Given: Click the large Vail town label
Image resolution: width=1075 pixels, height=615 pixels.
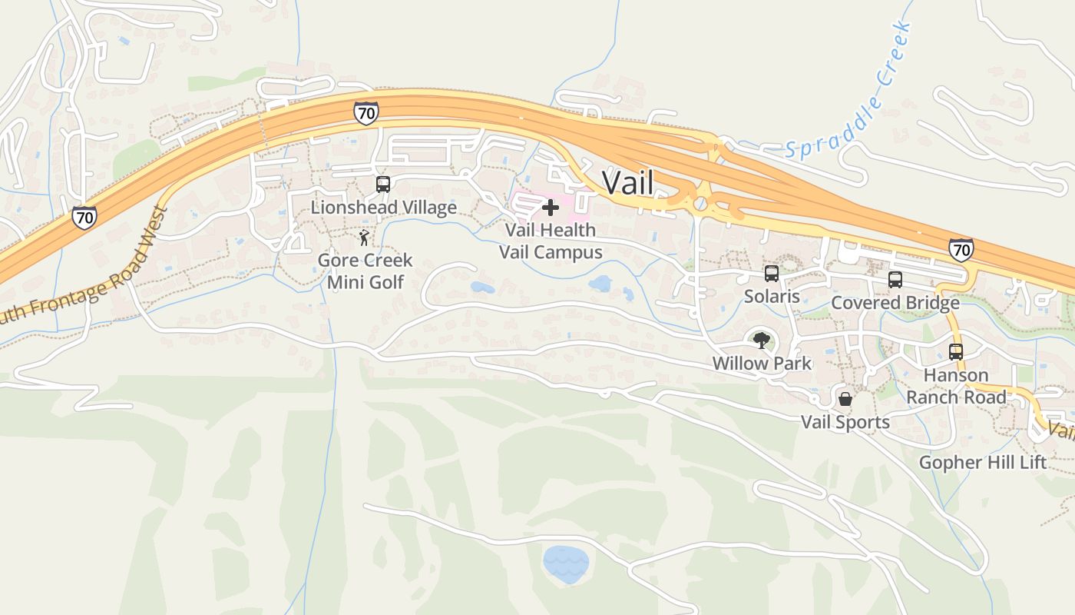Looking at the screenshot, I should (627, 183).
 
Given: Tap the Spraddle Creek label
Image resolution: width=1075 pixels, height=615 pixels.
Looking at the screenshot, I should (849, 91).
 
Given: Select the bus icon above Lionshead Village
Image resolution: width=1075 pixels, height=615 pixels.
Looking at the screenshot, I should (382, 184).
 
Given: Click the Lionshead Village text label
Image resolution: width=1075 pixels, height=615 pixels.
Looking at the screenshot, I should (383, 208).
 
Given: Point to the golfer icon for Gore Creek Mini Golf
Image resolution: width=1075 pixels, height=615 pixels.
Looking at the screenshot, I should (364, 238).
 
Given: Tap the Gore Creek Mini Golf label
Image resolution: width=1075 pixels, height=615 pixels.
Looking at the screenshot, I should (365, 271).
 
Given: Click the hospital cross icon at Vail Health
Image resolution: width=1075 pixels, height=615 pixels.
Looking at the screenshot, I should (550, 208).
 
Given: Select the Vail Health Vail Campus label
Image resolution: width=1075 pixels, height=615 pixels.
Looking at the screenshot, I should (551, 241).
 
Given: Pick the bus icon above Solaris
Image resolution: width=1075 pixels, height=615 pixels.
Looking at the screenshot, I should (771, 274).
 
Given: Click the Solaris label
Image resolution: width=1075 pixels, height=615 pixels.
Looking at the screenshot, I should (772, 296).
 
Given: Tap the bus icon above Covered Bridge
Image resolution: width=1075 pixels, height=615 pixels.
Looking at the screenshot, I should (895, 280).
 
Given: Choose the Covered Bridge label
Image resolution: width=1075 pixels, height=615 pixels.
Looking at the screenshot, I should (895, 303).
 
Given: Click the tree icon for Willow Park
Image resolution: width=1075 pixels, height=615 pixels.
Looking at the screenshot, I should (761, 341).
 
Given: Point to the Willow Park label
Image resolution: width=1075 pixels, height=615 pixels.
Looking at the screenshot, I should (762, 363).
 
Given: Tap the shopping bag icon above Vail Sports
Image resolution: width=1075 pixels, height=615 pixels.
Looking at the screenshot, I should (845, 399).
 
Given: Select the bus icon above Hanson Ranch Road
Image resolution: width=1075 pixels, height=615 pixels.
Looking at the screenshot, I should (955, 352).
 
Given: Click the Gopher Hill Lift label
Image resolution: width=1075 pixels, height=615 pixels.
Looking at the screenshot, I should (983, 463).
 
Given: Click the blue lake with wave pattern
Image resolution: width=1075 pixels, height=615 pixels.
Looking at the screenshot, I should (566, 563).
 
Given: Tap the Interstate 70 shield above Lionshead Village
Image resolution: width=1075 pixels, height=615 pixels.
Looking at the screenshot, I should (366, 113).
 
